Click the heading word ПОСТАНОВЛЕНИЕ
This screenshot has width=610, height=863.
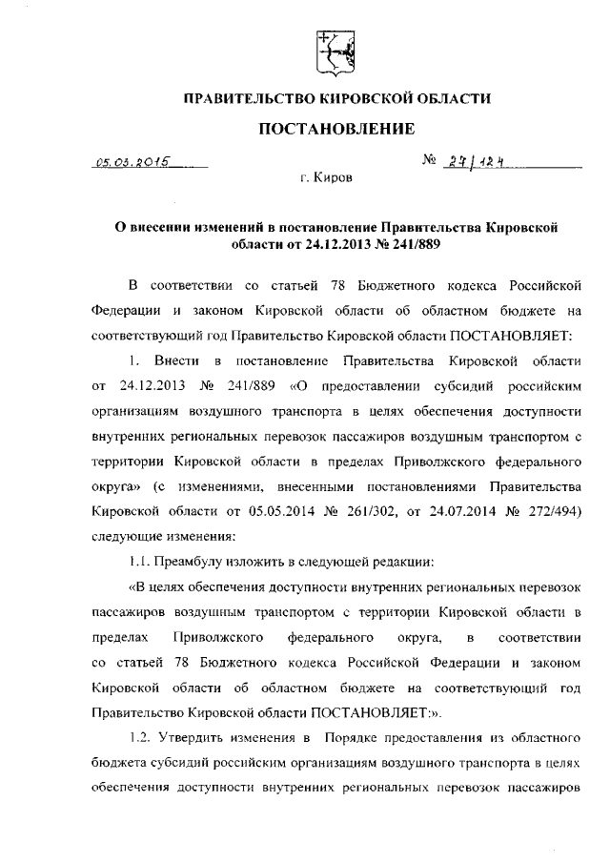click(336, 129)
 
